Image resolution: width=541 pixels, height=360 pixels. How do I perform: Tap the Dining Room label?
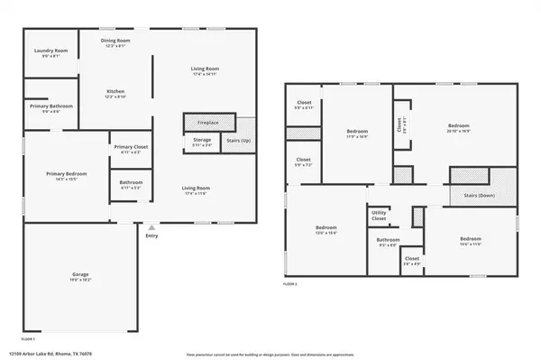pos(115,43)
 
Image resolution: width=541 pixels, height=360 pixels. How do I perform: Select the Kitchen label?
pos(115,93)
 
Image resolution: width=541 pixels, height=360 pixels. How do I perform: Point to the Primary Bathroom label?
pos(50,108)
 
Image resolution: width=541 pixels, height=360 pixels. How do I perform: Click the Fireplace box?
pos(208,122)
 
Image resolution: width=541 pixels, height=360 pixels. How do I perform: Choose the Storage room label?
pos(202,142)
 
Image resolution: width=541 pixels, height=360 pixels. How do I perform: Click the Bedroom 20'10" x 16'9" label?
pos(458,127)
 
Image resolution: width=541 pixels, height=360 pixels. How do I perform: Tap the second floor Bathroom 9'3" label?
pos(389,241)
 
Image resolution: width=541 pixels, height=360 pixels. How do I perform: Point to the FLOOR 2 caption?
pos(290,284)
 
